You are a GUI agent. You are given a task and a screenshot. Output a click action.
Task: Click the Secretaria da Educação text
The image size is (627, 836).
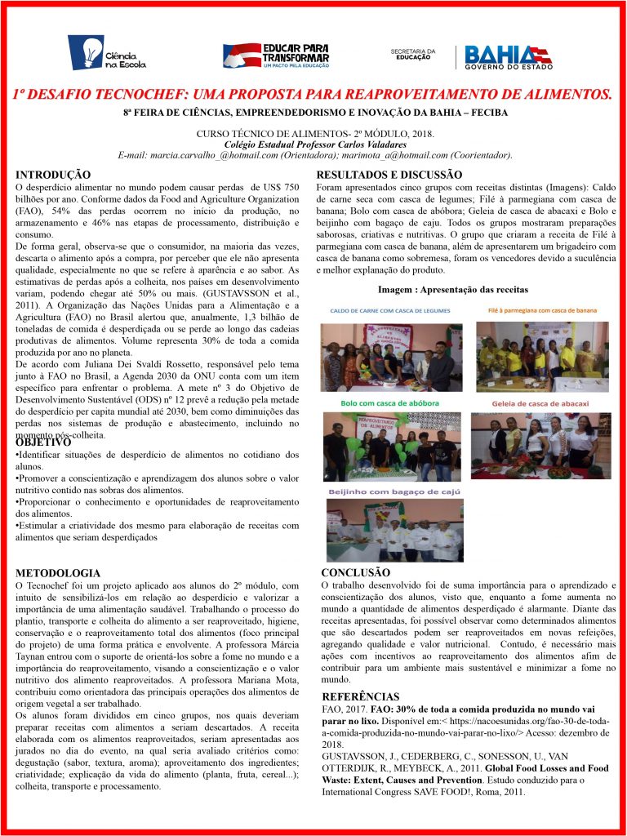pos(413,54)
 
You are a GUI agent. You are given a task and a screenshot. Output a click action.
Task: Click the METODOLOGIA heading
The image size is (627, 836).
pos(58,573)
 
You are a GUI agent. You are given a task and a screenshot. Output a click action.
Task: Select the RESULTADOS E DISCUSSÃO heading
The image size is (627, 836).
pos(389,175)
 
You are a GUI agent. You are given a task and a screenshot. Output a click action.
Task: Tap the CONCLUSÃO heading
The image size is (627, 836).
pos(355,572)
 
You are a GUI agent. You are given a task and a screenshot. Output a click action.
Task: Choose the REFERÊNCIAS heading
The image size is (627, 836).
pos(361,696)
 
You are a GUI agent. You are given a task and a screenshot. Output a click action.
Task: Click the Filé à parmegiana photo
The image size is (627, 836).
pos(541,356)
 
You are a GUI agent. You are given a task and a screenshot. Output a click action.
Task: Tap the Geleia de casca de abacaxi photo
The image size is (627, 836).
pos(540,445)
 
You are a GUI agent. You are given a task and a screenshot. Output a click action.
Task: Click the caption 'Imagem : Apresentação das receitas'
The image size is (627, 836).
pos(453,289)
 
